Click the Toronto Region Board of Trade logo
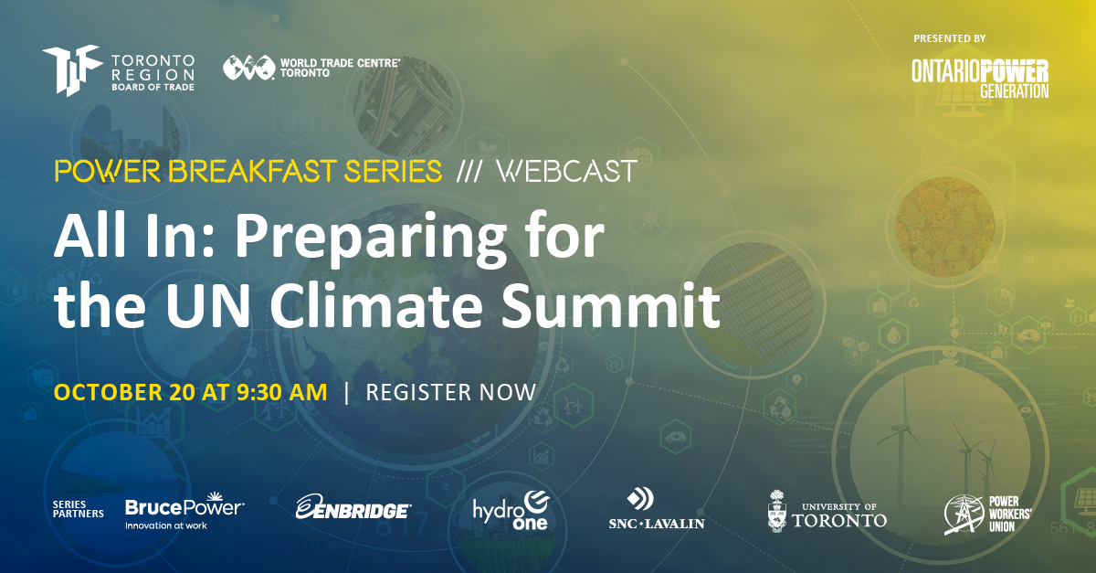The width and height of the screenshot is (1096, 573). tap(118, 69)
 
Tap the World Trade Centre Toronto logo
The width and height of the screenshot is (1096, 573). tap(311, 68)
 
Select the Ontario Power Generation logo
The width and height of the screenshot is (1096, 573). tap(979, 79)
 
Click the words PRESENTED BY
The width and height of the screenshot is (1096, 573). tap(949, 37)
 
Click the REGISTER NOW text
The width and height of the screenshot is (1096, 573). tap(450, 392)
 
